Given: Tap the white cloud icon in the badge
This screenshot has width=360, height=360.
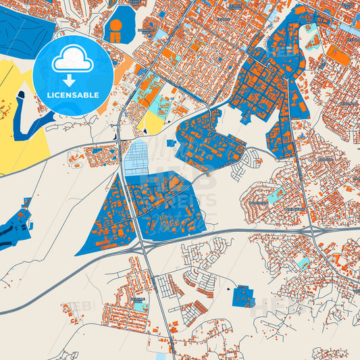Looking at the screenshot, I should pyautogui.click(x=73, y=61).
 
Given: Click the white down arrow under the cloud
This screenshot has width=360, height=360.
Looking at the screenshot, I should pyautogui.click(x=73, y=80).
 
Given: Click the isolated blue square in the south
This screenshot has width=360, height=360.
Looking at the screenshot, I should pyautogui.click(x=243, y=296).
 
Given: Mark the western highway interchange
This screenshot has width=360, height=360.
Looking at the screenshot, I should pyautogui.click(x=144, y=249).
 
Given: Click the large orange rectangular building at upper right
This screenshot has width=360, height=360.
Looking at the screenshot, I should pyautogui.click(x=340, y=57).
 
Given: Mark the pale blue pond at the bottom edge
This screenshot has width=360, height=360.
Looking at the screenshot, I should pyautogui.click(x=160, y=355).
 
